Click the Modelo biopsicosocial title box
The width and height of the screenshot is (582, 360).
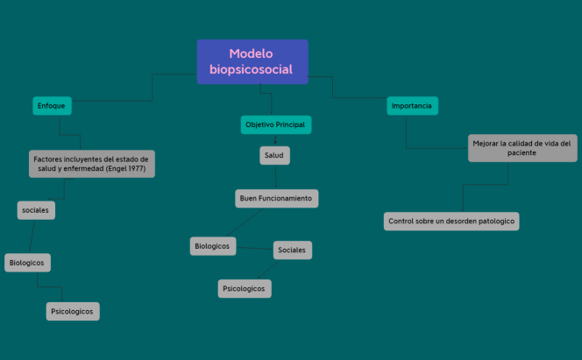coord(252,61)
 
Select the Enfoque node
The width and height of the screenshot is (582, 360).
coord(52,106)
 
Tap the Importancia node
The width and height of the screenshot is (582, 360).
coord(412,106)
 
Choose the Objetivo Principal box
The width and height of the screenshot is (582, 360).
coord(275,125)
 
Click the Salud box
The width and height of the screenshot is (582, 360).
coord(275,156)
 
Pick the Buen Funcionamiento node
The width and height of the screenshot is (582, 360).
coord(276,199)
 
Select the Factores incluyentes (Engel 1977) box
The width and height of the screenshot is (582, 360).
coord(91,164)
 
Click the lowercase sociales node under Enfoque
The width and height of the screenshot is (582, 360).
coord(36,210)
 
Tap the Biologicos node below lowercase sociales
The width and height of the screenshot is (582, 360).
coord(27,262)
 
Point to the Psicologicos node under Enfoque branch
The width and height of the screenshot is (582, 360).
coord(72,311)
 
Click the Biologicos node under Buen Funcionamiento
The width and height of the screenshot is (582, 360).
coord(213,246)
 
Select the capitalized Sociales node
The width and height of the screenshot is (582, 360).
coord(292,251)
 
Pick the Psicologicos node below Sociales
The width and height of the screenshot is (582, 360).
coord(245,288)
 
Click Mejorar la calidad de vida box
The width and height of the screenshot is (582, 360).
coord(522,147)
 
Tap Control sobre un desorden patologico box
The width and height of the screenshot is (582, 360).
coord(451,221)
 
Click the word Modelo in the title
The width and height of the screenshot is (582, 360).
coord(252,53)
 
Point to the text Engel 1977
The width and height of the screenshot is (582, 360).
coord(124,168)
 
